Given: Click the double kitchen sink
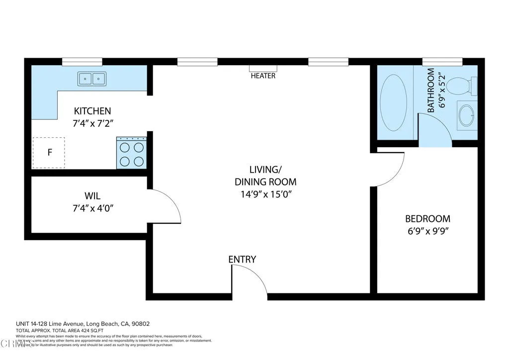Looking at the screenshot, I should [x=92, y=79].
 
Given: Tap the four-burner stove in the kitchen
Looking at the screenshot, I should [x=132, y=153].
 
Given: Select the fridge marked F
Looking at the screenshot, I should [x=49, y=153].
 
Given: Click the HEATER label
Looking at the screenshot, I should [x=263, y=76].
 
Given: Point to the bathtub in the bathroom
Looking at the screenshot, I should [x=393, y=103].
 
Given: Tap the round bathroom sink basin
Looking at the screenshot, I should [x=466, y=115].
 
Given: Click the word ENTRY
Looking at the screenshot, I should [x=242, y=259].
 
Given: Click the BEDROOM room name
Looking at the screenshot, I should [x=427, y=219].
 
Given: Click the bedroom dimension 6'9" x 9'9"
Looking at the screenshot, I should [x=427, y=231].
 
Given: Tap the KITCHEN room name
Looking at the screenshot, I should [x=92, y=111].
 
